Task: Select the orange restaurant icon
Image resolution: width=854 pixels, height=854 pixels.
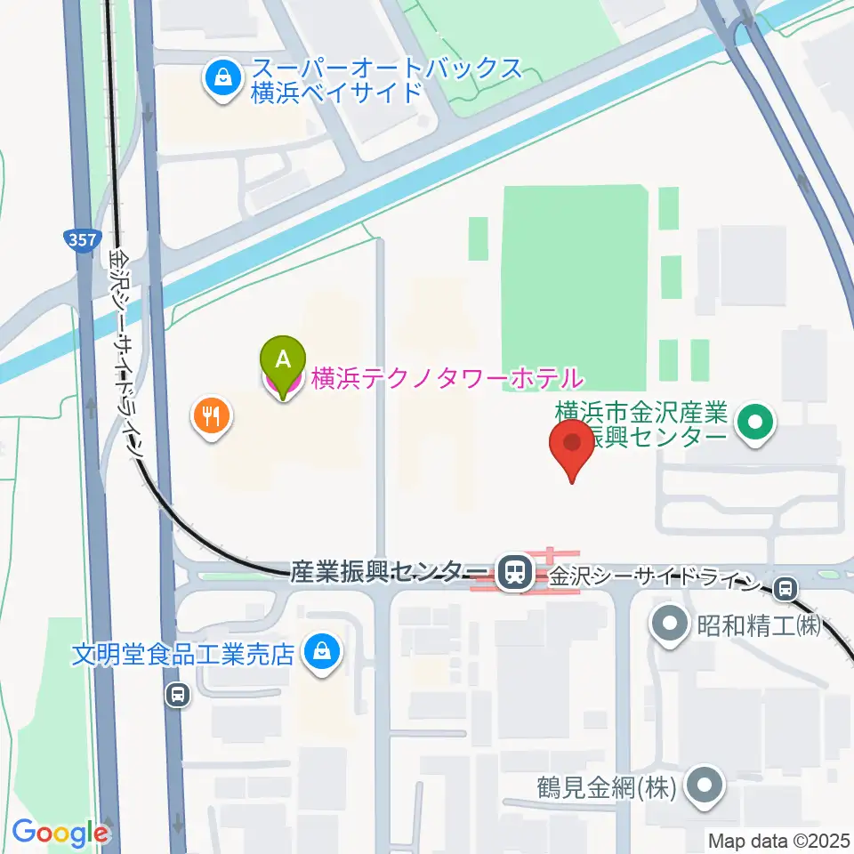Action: (212, 415)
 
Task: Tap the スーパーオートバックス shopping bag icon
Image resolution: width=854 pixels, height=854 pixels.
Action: (220, 80)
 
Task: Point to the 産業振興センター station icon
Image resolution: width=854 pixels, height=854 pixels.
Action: (513, 572)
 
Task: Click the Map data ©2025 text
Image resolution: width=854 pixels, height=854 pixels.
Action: (779, 840)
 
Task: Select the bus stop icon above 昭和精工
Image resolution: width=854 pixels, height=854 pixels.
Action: (785, 587)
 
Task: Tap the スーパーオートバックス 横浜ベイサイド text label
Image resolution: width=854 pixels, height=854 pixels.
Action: (385, 79)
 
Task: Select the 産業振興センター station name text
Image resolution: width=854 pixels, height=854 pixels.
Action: (390, 571)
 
